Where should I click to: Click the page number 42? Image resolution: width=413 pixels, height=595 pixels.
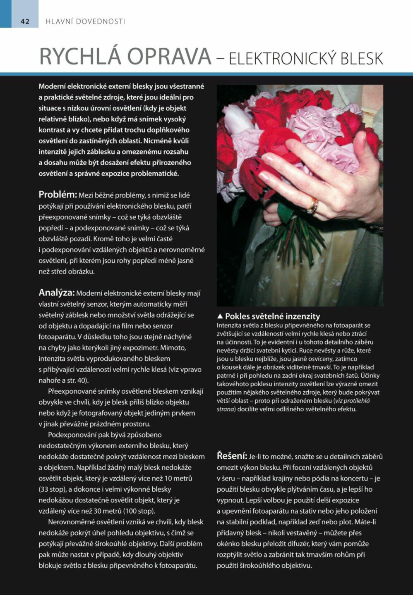25,21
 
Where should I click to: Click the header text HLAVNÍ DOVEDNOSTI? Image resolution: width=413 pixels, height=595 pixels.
85,21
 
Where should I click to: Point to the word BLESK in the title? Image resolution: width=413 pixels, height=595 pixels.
362,59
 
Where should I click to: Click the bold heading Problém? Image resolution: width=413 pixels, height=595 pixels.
58,195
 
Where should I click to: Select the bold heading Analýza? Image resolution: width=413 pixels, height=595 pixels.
56,293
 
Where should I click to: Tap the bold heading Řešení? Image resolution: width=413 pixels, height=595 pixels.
232,456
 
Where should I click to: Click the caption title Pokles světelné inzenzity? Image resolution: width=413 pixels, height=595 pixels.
272,317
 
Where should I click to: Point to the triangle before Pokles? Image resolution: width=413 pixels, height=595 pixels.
220,317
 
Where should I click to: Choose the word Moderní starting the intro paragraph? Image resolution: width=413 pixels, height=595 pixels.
52,86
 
